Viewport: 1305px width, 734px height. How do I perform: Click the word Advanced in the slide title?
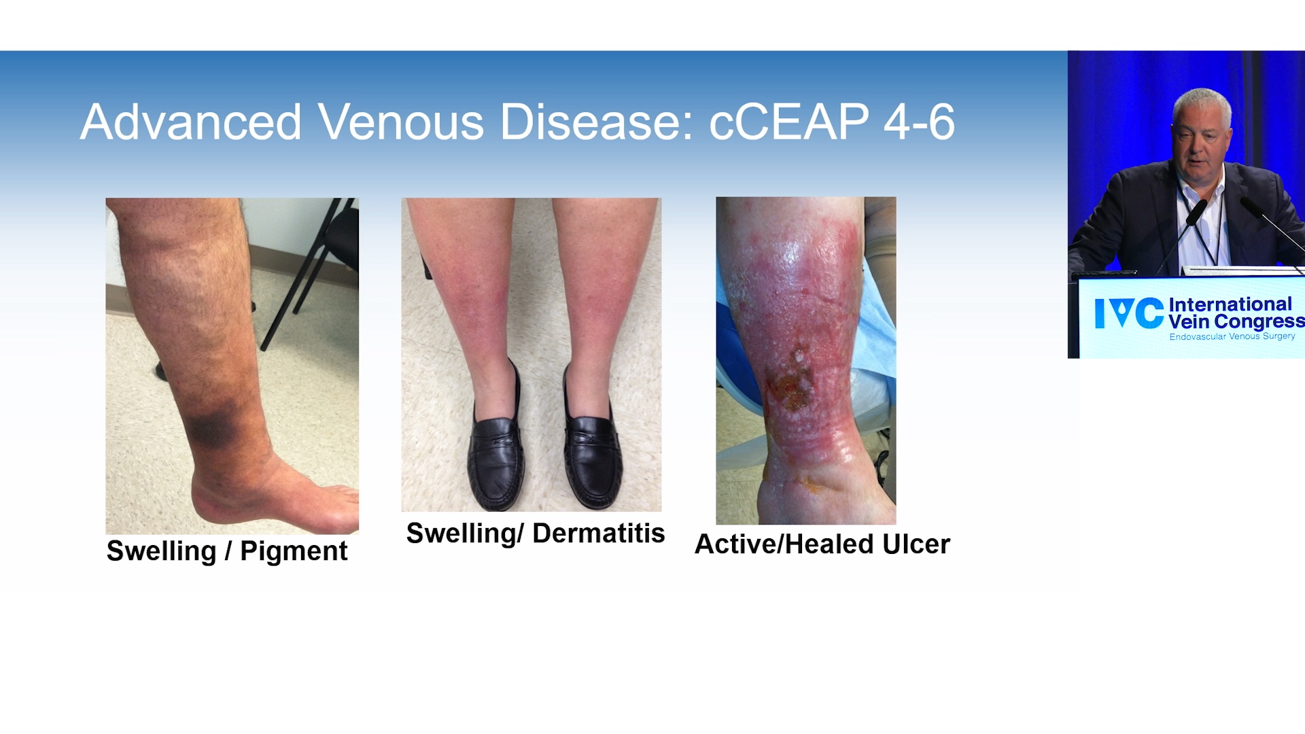[191, 122]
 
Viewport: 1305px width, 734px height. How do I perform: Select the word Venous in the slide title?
[401, 122]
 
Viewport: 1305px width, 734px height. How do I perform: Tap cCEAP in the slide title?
[788, 122]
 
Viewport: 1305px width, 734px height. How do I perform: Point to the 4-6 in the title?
[920, 122]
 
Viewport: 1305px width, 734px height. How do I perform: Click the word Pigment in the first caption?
[294, 551]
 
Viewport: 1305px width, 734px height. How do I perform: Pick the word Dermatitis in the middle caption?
[598, 534]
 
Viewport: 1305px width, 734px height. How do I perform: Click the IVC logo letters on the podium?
[1129, 313]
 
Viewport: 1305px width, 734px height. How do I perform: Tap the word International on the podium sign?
[1230, 304]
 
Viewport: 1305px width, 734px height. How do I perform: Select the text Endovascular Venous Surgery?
[1232, 336]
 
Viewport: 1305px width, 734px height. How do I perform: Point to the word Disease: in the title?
[597, 122]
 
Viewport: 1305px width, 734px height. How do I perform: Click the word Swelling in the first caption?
[161, 551]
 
